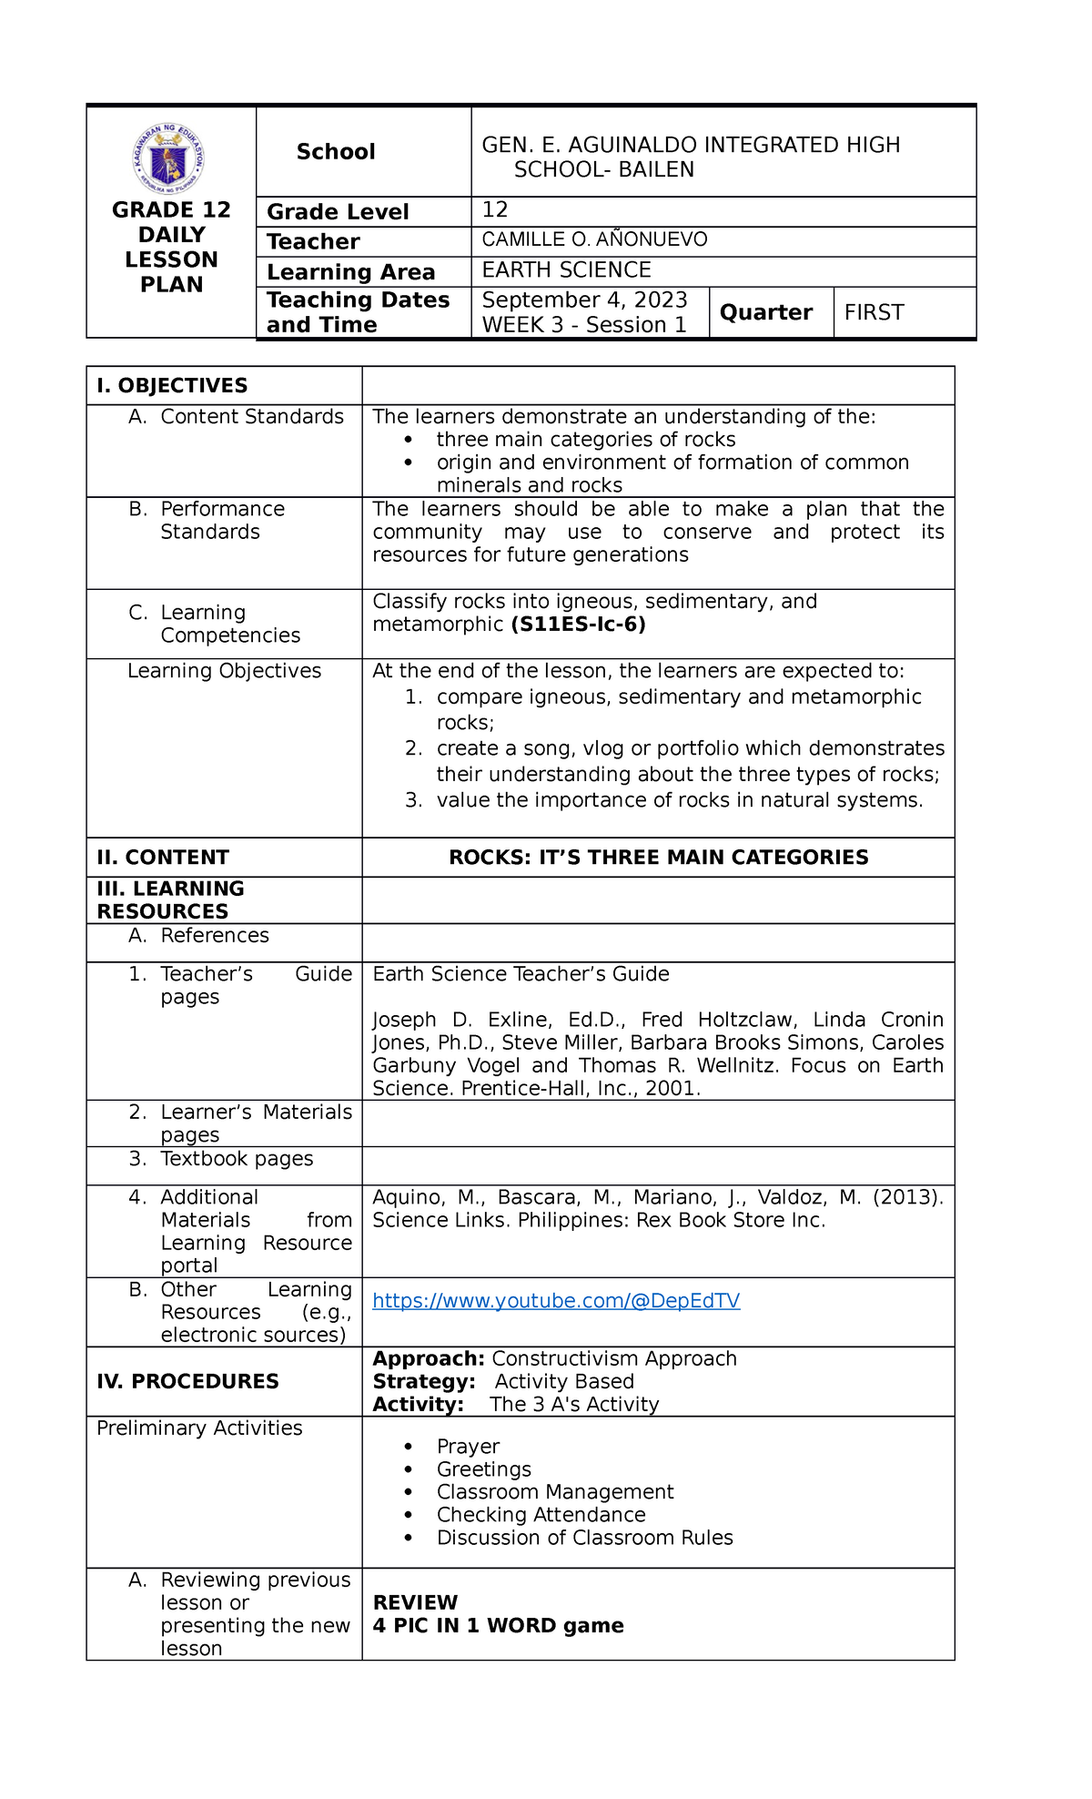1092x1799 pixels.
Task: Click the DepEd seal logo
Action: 168,160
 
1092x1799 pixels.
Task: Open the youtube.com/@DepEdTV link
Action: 556,1301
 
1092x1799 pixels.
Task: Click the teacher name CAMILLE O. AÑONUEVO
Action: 594,239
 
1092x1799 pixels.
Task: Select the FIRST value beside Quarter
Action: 874,312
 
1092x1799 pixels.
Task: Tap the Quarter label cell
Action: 765,312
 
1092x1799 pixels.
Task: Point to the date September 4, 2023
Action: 584,300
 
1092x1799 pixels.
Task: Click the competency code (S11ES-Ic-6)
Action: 578,625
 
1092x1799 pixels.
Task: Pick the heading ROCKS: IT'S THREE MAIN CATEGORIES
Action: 658,858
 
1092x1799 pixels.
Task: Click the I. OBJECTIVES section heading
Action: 172,386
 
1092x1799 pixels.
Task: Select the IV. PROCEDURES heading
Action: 187,1381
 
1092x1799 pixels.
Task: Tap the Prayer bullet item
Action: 468,1447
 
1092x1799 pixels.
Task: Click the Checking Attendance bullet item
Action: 541,1515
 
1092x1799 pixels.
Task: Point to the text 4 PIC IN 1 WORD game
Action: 498,1626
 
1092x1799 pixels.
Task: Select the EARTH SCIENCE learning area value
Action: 566,270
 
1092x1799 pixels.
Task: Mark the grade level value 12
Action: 494,210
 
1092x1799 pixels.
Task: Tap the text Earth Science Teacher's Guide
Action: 521,974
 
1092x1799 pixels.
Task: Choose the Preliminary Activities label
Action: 199,1428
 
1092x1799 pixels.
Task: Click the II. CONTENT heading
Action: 163,858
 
